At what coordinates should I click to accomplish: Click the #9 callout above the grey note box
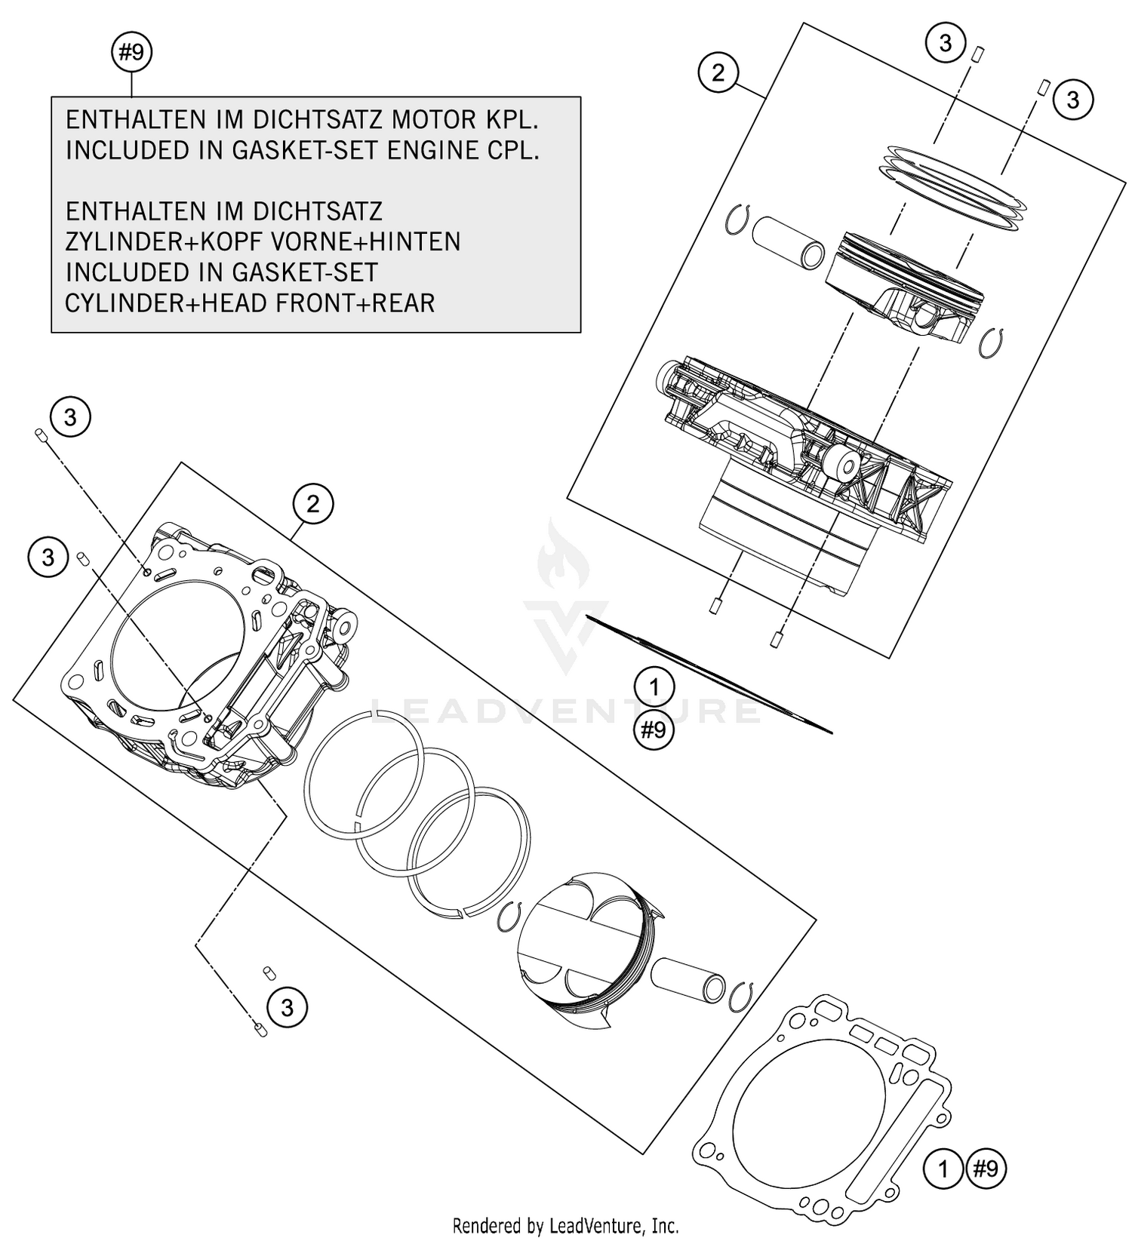pyautogui.click(x=131, y=53)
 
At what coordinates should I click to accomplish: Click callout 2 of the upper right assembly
pyautogui.click(x=718, y=72)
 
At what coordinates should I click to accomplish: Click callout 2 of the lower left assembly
pyautogui.click(x=313, y=503)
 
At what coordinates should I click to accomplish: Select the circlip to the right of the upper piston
pyautogui.click(x=989, y=343)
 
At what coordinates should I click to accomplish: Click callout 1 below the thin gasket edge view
pyautogui.click(x=654, y=687)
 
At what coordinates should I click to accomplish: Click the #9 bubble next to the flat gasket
pyautogui.click(x=986, y=1169)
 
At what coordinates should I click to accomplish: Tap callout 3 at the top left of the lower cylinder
pyautogui.click(x=70, y=417)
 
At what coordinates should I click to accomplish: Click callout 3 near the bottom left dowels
pyautogui.click(x=287, y=1007)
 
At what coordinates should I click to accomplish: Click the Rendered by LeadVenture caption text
pyautogui.click(x=565, y=1225)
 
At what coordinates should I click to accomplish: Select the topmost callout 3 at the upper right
pyautogui.click(x=946, y=44)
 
